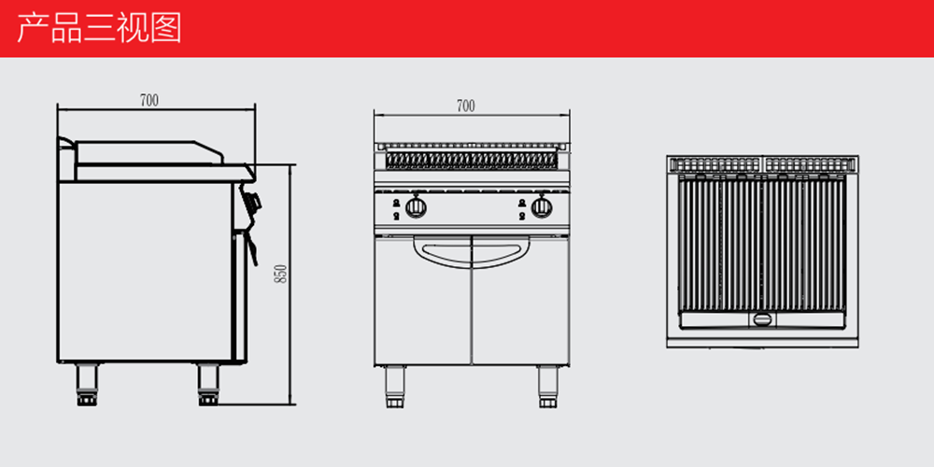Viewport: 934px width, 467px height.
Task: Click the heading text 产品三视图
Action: [x=99, y=28]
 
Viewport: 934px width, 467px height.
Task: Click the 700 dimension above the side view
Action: [x=149, y=101]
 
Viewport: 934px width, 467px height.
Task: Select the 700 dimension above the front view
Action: [x=466, y=106]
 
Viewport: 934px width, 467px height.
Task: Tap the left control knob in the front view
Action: [x=416, y=206]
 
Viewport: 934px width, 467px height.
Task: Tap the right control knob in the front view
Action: [x=542, y=206]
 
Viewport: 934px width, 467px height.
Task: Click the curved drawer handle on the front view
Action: [x=472, y=253]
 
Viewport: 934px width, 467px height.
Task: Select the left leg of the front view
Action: [x=395, y=387]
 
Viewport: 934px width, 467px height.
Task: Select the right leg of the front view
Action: [x=548, y=387]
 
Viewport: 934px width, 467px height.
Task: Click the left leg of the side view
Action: [x=87, y=385]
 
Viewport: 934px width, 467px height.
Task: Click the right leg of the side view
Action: [x=208, y=385]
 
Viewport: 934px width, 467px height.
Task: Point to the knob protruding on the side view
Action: [x=252, y=199]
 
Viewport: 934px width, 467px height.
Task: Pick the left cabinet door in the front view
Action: [x=423, y=300]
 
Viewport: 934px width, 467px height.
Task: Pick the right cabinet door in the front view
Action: [x=520, y=300]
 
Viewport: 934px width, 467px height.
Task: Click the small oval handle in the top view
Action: [x=762, y=319]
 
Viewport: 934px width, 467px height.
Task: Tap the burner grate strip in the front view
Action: [x=472, y=160]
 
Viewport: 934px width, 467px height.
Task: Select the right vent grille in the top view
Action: [x=810, y=163]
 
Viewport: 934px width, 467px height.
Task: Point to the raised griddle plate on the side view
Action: [x=149, y=152]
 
